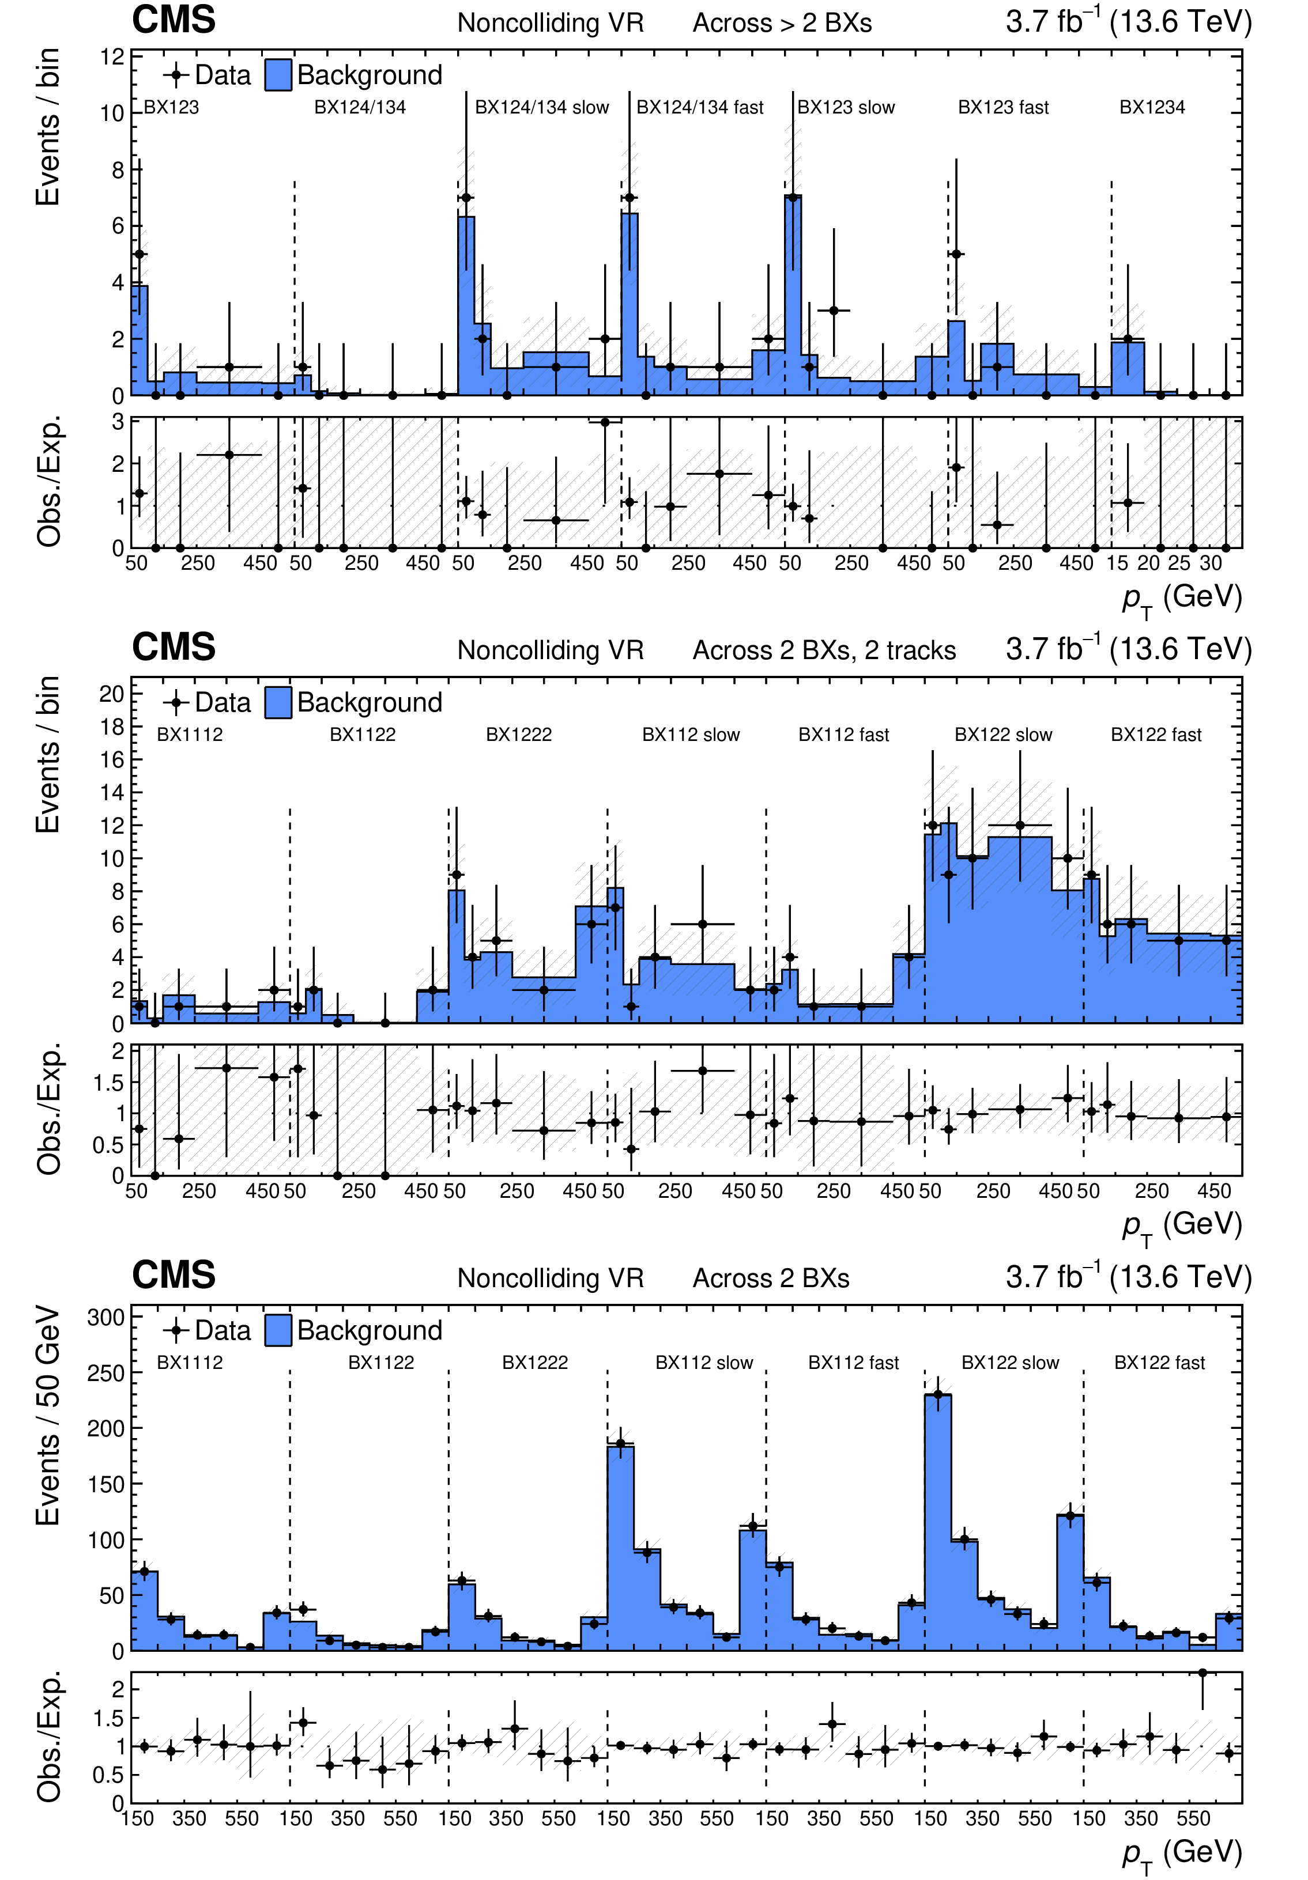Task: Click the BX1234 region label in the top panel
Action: [1152, 107]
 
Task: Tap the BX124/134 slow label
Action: [541, 107]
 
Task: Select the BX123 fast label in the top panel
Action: [1002, 107]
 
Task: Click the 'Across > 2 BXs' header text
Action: [782, 23]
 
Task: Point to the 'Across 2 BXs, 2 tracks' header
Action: [824, 650]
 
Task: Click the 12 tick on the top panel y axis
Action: [112, 56]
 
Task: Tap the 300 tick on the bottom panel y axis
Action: [105, 1318]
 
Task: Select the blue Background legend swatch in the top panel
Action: [278, 74]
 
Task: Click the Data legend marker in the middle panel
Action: [175, 702]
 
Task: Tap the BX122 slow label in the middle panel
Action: [1002, 735]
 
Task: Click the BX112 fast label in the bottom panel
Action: [853, 1363]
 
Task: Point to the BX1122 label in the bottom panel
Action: [381, 1363]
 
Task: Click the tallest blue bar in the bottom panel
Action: [938, 1523]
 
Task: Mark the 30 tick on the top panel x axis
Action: [1211, 563]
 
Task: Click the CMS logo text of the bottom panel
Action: [174, 1275]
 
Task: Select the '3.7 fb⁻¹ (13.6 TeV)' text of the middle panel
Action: [1128, 649]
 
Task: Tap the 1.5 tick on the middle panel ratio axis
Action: [109, 1083]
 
